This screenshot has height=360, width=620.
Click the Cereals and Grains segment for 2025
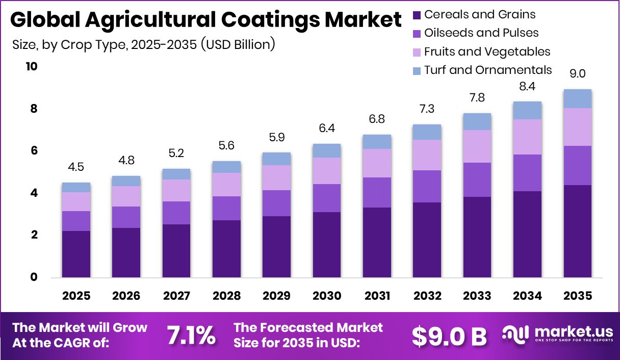76,254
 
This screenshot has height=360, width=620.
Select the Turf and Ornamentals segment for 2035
577,98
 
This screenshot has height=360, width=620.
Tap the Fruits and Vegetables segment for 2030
327,170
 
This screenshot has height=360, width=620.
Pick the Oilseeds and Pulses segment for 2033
477,179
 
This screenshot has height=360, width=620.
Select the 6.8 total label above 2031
377,119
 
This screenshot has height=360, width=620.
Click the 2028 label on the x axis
226,296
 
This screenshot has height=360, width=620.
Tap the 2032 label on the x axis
427,296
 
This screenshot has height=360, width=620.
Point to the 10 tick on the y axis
32,67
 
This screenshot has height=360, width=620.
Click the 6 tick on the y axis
34,151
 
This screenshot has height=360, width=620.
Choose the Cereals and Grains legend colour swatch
417,15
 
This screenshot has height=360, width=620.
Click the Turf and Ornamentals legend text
487,70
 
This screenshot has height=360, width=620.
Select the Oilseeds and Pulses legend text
481,33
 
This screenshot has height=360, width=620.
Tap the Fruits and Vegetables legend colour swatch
417,52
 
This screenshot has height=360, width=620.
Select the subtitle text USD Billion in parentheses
238,45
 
